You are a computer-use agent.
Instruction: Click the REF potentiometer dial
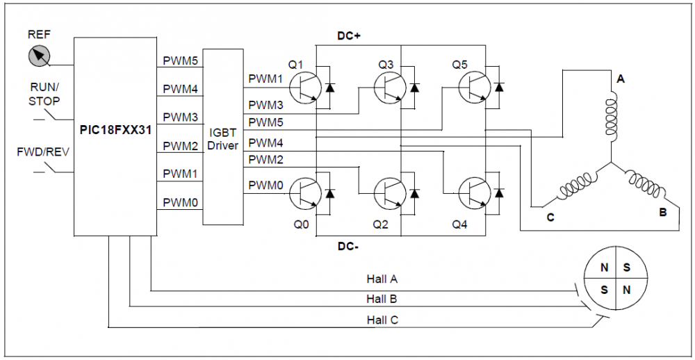(39, 56)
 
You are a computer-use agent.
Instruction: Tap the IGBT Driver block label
(223, 139)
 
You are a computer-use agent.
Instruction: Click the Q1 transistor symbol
(305, 87)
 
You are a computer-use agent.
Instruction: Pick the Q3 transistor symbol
(390, 87)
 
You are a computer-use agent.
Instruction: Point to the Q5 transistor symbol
(474, 87)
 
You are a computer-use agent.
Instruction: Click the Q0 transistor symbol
(305, 193)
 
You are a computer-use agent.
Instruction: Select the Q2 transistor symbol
(390, 193)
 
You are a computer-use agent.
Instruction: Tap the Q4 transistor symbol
(474, 193)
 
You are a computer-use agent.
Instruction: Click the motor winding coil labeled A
(612, 117)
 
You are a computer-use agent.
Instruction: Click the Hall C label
(382, 319)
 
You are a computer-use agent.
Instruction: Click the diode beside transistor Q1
(329, 87)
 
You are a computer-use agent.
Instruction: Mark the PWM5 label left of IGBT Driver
(180, 60)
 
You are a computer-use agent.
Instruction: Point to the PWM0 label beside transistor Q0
(265, 184)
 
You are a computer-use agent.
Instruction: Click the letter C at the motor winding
(550, 218)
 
